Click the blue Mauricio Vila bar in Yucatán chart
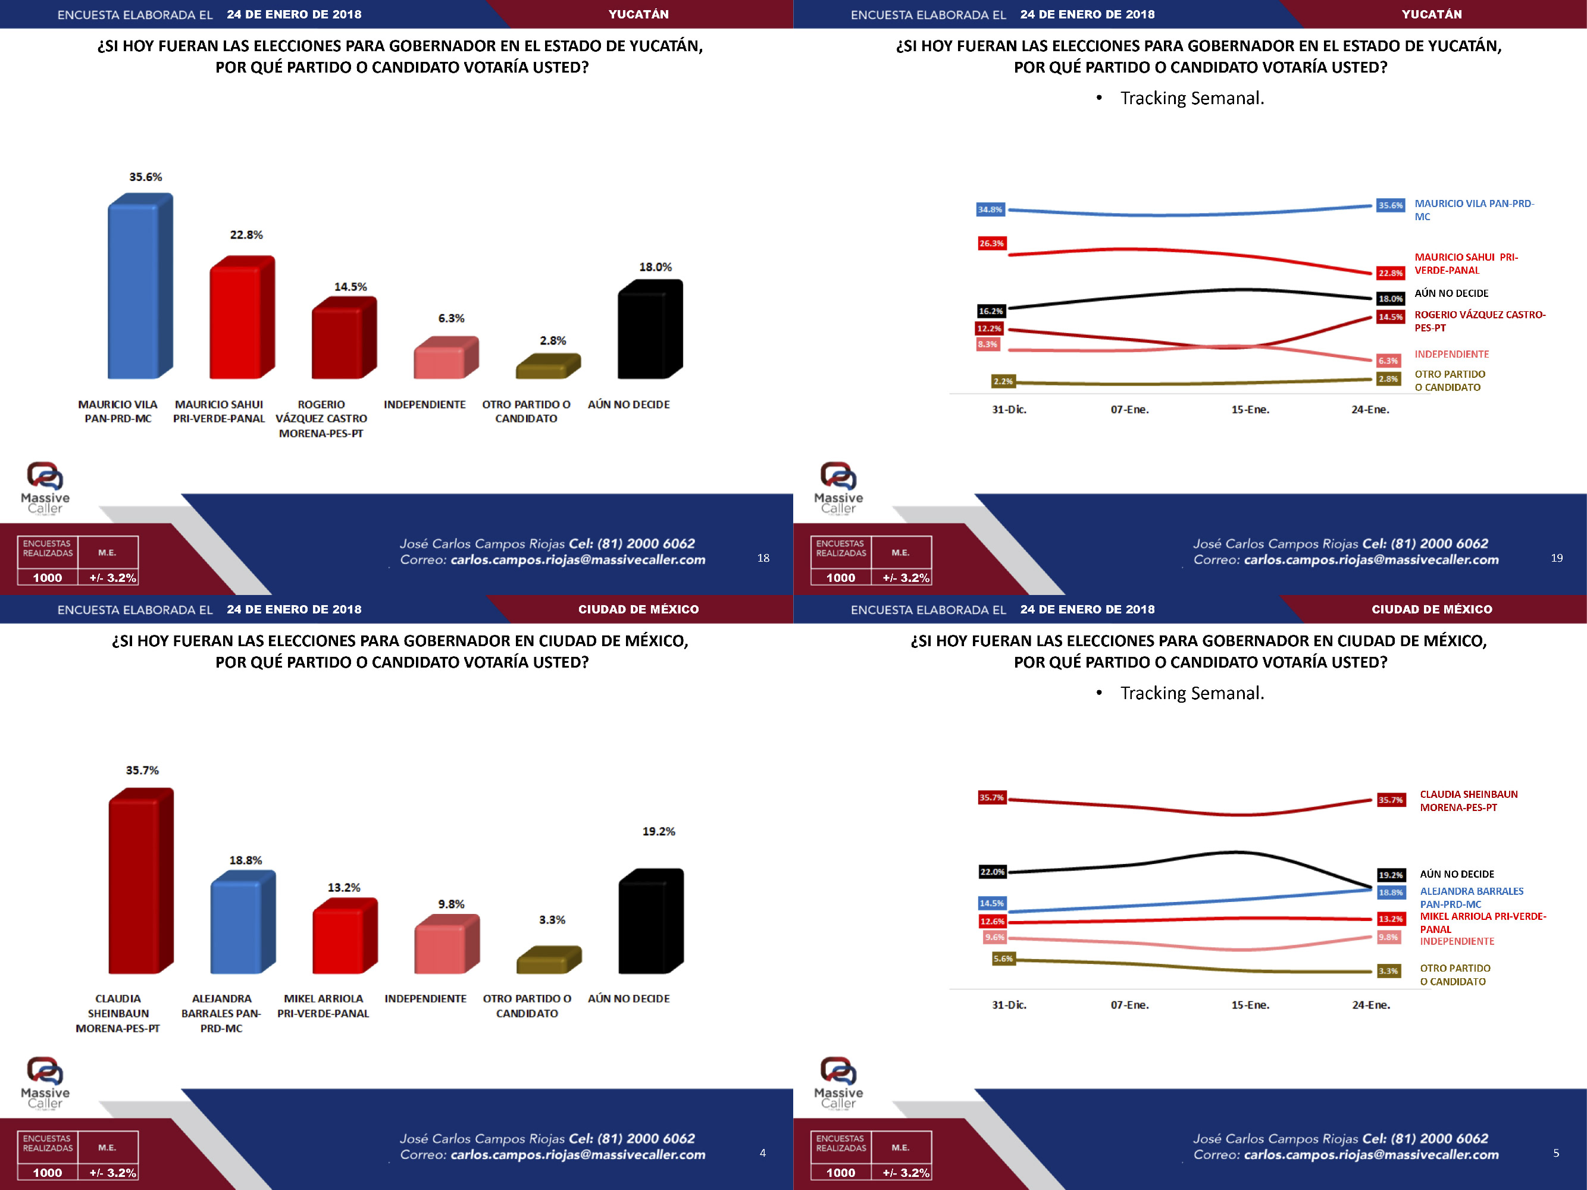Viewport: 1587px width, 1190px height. [136, 290]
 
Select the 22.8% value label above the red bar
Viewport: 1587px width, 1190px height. [246, 235]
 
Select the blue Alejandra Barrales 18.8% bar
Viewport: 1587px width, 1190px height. [240, 925]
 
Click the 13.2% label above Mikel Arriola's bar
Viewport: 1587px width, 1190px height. [344, 888]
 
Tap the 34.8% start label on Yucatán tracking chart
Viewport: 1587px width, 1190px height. [990, 209]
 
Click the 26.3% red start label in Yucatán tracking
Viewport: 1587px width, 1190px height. [991, 244]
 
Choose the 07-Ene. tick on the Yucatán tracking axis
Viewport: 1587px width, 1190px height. [1129, 409]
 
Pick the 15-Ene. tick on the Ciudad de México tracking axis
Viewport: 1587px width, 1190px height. [1250, 1005]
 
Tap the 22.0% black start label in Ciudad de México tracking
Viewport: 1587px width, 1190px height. [992, 872]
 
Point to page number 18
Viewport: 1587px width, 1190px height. [763, 558]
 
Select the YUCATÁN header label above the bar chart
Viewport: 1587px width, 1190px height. [638, 14]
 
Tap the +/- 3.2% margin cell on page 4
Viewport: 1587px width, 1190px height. [112, 1173]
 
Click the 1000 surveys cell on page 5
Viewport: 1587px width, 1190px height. [840, 1173]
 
